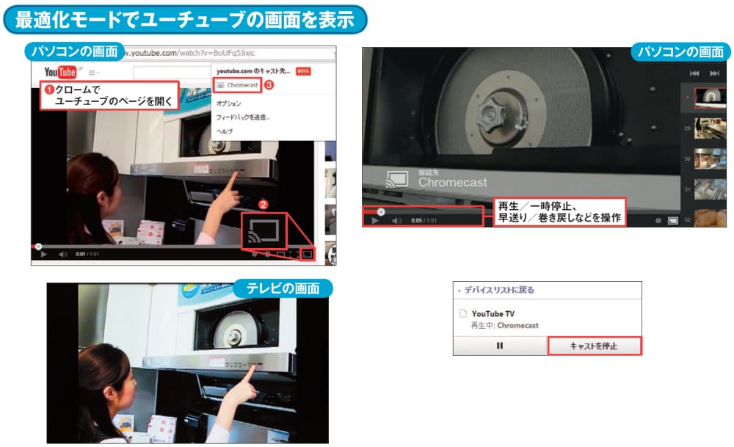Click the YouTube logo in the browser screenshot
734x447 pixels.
[61, 72]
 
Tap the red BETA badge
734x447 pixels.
[303, 71]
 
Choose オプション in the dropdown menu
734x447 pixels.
[228, 103]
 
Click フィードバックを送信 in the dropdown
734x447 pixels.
[242, 117]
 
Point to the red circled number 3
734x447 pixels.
[269, 86]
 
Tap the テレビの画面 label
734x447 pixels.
[283, 288]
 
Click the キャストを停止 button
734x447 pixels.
[595, 346]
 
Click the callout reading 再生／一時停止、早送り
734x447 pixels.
[559, 212]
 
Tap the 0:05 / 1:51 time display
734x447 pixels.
[424, 220]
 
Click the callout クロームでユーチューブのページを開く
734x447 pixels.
[109, 95]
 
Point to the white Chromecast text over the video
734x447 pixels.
[452, 182]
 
